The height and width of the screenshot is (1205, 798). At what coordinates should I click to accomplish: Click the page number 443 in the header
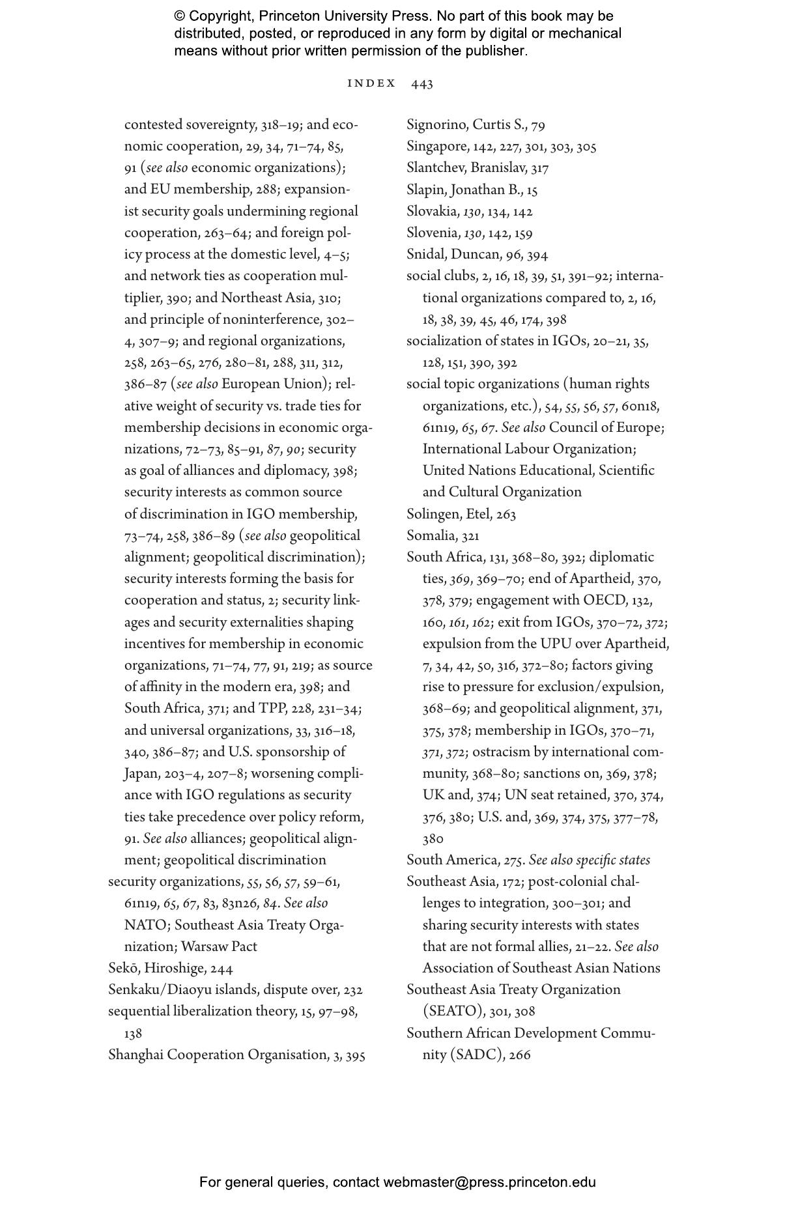pyautogui.click(x=422, y=83)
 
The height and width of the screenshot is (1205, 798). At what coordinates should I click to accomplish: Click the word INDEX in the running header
pyautogui.click(x=372, y=83)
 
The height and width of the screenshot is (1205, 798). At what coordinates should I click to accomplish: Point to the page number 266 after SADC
pyautogui.click(x=520, y=1055)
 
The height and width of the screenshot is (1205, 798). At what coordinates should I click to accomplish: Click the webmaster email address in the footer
pyautogui.click(x=489, y=1182)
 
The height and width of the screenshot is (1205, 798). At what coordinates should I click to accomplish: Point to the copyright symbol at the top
pyautogui.click(x=180, y=16)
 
